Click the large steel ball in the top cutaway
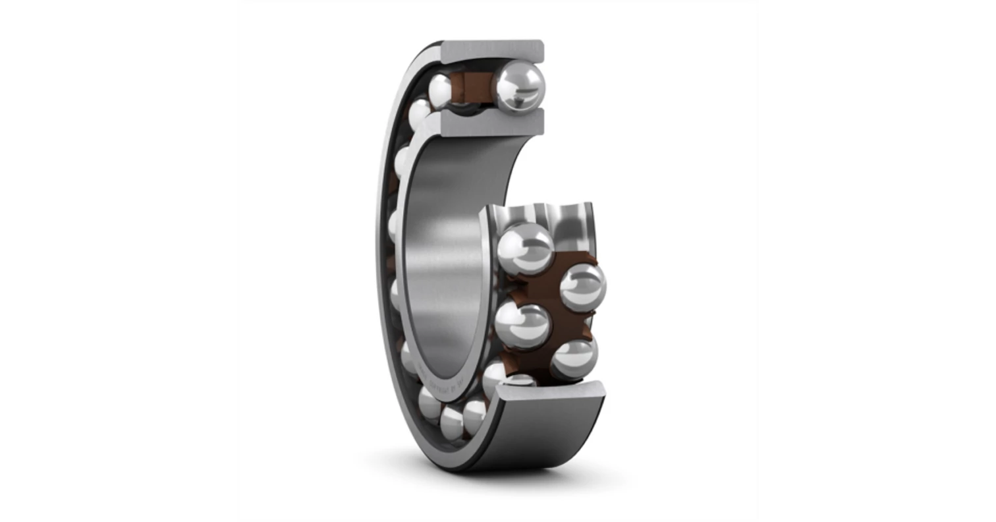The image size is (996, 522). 520,86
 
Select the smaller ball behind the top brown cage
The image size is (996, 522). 439,88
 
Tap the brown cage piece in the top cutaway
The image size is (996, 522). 473,86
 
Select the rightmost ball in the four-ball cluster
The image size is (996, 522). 582,286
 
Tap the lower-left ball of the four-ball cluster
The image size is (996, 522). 522,325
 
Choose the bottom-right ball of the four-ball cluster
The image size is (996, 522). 574,358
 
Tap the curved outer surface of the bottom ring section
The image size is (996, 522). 547,435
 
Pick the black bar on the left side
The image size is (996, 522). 119,261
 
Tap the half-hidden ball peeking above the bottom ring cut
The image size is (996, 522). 520,380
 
